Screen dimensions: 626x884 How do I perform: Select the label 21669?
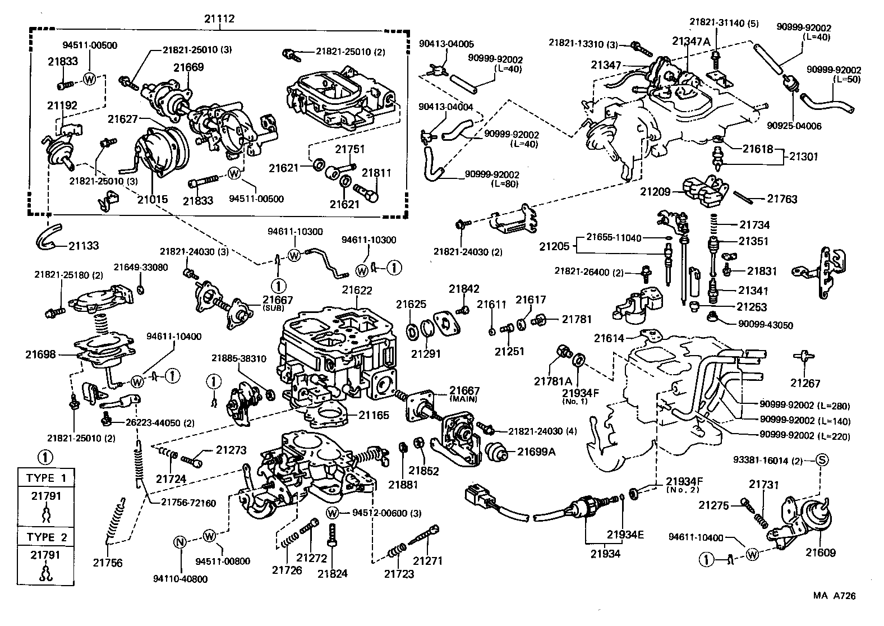(x=188, y=67)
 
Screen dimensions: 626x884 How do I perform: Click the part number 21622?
(x=357, y=290)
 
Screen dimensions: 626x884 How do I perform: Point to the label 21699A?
(x=536, y=451)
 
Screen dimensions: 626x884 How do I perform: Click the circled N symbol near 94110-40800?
(x=179, y=542)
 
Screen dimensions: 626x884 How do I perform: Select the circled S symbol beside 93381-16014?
(x=821, y=461)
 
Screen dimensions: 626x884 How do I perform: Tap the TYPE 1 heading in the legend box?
(x=46, y=478)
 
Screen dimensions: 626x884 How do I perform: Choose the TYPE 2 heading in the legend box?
(x=46, y=537)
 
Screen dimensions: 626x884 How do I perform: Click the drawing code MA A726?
(x=835, y=596)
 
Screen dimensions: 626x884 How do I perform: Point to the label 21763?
(x=782, y=199)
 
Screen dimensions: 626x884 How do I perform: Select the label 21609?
(x=821, y=553)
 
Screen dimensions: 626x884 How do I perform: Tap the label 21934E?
(x=625, y=535)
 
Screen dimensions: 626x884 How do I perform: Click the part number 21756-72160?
(x=181, y=503)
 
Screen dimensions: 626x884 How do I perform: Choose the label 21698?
(x=40, y=354)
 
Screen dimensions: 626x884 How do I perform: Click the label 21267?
(x=805, y=384)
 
